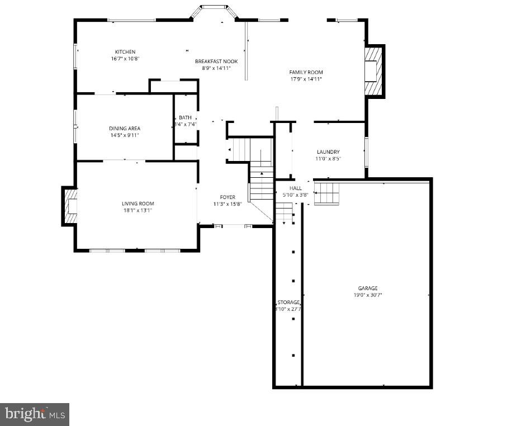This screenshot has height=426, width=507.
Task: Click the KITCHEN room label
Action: point(125,52)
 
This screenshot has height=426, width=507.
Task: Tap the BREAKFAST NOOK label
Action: point(216,61)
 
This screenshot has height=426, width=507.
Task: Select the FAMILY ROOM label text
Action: point(306,72)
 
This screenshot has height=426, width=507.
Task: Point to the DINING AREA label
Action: point(125,129)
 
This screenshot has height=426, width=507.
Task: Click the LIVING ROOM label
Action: point(138,203)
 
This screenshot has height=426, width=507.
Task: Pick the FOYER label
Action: point(228,197)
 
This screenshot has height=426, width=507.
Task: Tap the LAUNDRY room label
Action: point(328,152)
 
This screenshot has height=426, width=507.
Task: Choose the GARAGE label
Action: point(368,288)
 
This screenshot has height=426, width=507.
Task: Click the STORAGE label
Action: point(288,302)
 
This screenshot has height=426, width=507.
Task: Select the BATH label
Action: point(185,117)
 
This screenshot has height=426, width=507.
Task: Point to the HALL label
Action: point(296,188)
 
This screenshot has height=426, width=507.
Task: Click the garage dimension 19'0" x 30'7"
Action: point(368,295)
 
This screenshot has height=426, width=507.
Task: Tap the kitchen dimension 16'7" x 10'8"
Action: point(125,58)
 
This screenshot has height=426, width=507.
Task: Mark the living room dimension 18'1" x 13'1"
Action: point(138,210)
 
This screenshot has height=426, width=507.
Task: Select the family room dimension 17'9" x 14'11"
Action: point(306,79)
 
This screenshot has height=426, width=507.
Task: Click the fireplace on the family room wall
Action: point(373,71)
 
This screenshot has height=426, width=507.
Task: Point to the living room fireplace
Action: point(70,206)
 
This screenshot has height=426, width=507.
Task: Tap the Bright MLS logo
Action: point(35,414)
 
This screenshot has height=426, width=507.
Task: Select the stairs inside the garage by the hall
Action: point(326,193)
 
